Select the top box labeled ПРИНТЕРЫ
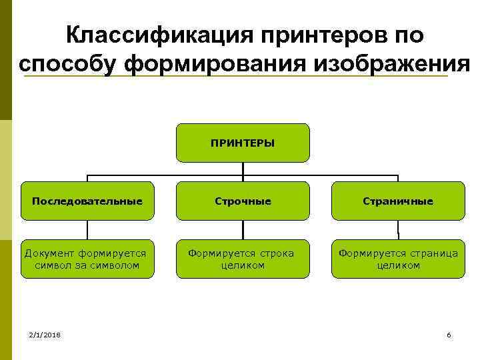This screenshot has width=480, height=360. [243, 143]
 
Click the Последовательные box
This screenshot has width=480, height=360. [87, 201]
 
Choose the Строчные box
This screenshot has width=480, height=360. [243, 201]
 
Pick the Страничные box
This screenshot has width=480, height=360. [398, 201]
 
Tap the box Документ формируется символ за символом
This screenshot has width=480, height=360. [87, 259]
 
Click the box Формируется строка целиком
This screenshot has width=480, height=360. [243, 259]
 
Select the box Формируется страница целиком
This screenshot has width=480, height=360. [398, 259]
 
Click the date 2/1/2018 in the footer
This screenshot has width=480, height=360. [45, 335]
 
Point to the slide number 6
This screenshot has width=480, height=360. [449, 335]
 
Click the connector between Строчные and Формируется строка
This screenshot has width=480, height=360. [243, 229]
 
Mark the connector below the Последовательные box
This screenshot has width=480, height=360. [87, 229]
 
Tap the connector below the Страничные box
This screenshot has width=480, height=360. [398, 229]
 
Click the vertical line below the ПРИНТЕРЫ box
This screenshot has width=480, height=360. [243, 169]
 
